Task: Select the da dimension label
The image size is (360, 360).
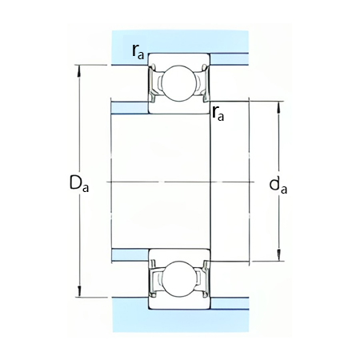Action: pos(278,186)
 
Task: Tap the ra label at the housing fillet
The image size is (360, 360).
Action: pos(138,52)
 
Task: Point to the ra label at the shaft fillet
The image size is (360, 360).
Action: pos(218,114)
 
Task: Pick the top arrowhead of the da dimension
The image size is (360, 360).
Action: pos(278,105)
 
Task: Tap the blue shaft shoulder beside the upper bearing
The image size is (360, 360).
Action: pos(129,107)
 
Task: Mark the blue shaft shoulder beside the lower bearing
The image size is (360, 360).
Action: pos(129,255)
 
